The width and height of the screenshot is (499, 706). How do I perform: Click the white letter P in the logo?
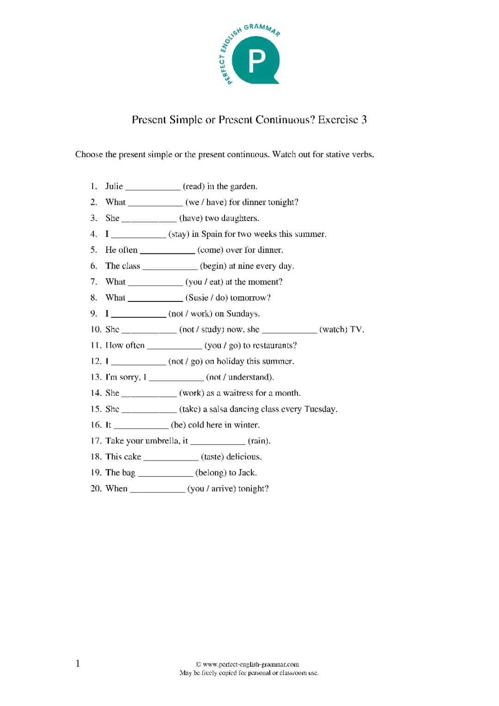coord(257,61)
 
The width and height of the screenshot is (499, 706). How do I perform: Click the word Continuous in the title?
coord(285,120)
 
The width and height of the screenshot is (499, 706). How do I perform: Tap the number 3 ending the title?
coord(364,120)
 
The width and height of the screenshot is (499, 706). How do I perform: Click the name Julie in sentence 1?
coord(114,186)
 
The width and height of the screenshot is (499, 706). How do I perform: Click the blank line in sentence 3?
coord(149,220)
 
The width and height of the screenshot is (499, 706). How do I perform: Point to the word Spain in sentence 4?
coord(212,234)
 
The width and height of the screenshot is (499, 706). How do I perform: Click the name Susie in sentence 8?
coord(198,298)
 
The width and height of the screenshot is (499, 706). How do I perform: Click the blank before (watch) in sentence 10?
coord(289,332)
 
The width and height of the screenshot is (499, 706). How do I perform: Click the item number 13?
coord(96,377)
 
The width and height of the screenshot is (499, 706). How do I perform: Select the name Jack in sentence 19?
coord(247,473)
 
